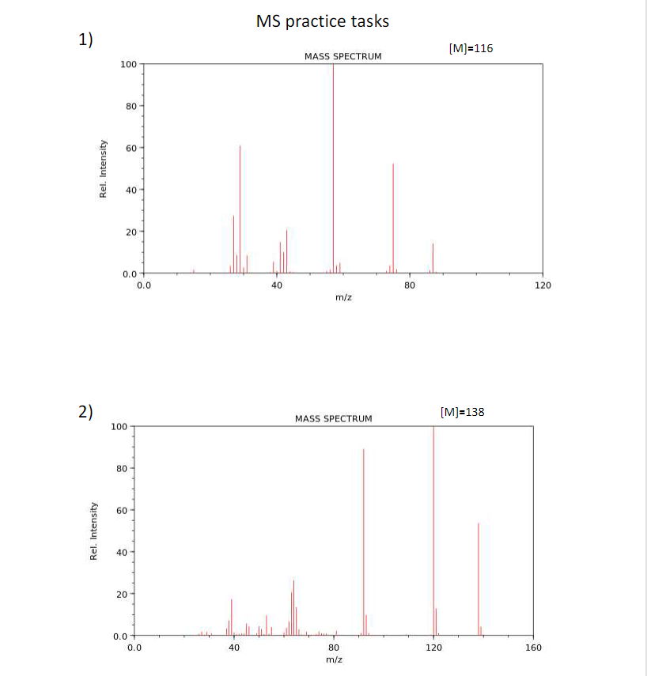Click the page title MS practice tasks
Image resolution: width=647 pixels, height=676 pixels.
(323, 21)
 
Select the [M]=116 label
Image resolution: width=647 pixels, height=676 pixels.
(470, 48)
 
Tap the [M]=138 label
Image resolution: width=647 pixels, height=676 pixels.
(461, 412)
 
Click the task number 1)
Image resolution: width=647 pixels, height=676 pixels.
(85, 41)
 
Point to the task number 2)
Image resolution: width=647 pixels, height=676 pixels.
(85, 411)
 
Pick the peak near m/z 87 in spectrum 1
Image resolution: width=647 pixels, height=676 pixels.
(433, 258)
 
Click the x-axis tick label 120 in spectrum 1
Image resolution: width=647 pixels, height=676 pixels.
(543, 285)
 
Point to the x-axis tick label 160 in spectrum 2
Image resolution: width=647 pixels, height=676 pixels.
(533, 648)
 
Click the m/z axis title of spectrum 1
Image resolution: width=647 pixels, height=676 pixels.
(343, 298)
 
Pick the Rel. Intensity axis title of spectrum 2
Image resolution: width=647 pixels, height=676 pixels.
(94, 531)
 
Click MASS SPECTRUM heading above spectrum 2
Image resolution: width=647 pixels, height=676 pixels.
(333, 418)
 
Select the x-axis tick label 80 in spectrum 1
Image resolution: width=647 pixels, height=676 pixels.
(409, 285)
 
